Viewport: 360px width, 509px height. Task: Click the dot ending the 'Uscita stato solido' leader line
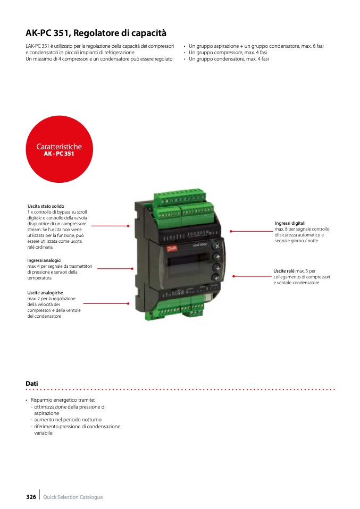[x=128, y=226]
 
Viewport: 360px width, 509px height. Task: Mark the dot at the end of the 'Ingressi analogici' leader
[x=132, y=268]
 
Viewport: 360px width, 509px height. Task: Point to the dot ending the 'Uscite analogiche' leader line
[x=128, y=303]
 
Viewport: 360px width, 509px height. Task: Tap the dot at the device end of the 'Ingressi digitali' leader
[x=231, y=231]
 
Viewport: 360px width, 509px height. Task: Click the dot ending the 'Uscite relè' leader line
[x=233, y=276]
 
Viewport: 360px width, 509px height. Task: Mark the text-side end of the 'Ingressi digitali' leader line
[x=273, y=231]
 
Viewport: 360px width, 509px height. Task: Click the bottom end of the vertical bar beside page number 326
[x=40, y=499]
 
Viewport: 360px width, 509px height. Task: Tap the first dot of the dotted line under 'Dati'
[x=27, y=389]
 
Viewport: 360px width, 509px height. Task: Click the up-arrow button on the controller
[x=217, y=257]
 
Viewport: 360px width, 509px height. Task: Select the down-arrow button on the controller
[x=217, y=267]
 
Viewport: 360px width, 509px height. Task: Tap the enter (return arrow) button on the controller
[x=216, y=278]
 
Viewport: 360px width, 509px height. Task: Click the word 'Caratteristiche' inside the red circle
[x=59, y=147]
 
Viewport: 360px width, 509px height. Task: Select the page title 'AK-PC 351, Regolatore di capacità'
[x=96, y=33]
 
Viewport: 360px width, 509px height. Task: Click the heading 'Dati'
[x=32, y=384]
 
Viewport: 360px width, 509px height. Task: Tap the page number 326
[x=31, y=497]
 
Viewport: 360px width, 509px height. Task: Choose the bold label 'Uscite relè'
[x=284, y=271]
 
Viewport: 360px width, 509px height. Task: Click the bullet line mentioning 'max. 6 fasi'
[x=256, y=46]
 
